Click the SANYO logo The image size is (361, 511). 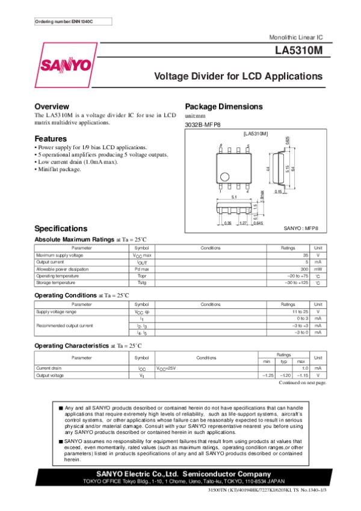click(66, 64)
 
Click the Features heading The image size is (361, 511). click(51, 138)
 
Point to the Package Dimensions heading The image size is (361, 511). click(224, 107)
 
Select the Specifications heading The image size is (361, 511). click(61, 229)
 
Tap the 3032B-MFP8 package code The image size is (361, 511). click(202, 125)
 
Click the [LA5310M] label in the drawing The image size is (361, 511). click(255, 133)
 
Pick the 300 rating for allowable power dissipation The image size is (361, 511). click(304, 269)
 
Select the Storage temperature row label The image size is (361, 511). click(56, 282)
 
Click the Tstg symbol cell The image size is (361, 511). click(141, 282)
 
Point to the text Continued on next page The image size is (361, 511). click(303, 383)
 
